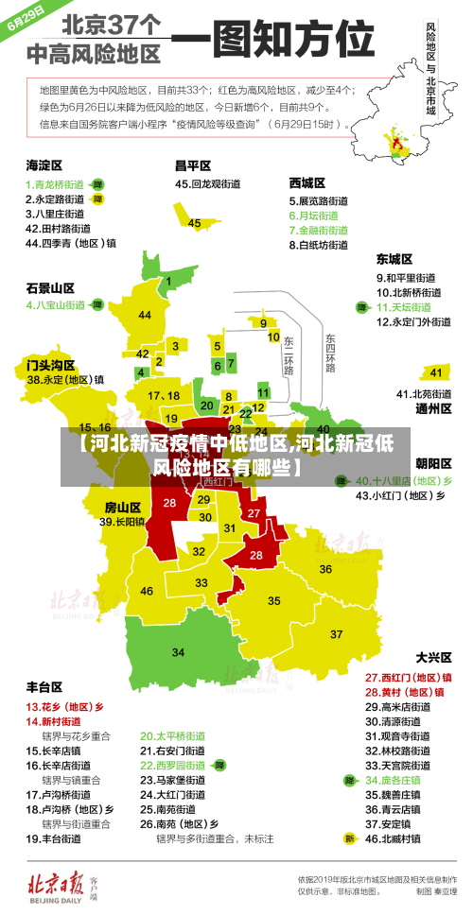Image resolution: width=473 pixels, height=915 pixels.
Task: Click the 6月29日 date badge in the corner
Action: pos(26,19)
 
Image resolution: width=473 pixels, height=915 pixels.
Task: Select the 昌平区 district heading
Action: pos(192,164)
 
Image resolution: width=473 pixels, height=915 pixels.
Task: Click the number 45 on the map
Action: pos(194,223)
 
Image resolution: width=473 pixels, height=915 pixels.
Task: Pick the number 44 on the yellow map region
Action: pos(145,315)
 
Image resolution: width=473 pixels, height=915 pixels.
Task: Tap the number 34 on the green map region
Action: pos(178,652)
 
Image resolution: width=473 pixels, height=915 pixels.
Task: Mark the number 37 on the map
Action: pos(336,633)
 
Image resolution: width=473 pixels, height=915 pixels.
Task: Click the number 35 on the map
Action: pos(274,600)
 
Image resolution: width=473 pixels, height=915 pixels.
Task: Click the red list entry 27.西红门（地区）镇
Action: pos(408,677)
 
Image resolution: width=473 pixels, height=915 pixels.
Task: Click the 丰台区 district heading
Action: pos(44,685)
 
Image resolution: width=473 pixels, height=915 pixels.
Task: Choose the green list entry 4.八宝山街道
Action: pos(55,305)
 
